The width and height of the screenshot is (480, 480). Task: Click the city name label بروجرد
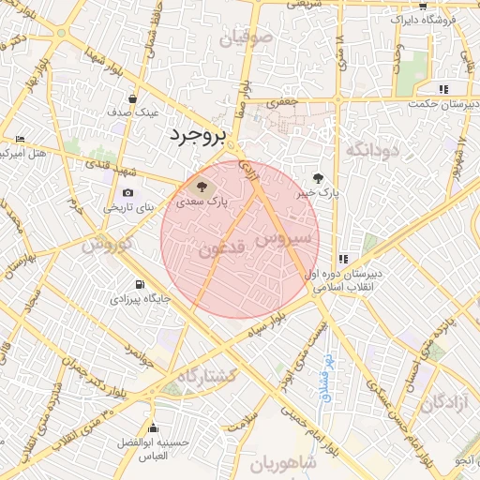198,135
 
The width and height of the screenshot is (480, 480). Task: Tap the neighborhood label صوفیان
247,39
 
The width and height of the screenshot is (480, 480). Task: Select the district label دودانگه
372,150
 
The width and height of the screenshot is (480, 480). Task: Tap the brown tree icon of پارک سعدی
205,184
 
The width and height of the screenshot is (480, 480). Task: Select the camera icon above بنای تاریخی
127,193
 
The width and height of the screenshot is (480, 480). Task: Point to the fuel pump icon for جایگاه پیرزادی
140,284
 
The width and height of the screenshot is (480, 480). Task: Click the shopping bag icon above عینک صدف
133,97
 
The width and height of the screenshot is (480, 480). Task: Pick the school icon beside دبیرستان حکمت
442,89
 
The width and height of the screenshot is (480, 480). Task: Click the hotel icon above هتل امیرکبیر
21,139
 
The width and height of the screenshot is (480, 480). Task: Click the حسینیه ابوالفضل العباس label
142,448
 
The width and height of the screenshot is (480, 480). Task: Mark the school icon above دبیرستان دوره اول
343,258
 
